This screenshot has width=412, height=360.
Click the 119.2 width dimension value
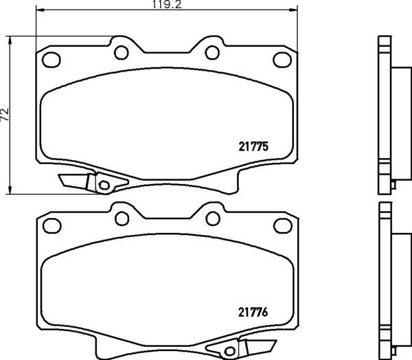tap(167, 5)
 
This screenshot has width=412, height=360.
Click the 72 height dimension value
tap(5, 115)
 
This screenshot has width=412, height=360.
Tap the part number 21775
tap(253, 147)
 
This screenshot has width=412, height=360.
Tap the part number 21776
tap(253, 313)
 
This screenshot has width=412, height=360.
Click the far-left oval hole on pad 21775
tap(51, 60)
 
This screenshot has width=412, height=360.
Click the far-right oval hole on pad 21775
tap(282, 60)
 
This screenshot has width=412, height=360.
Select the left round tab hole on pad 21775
tap(121, 52)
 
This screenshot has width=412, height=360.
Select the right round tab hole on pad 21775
tap(212, 52)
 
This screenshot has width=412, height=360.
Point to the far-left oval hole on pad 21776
tap(52, 225)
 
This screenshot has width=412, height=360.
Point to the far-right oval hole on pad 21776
tap(283, 225)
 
